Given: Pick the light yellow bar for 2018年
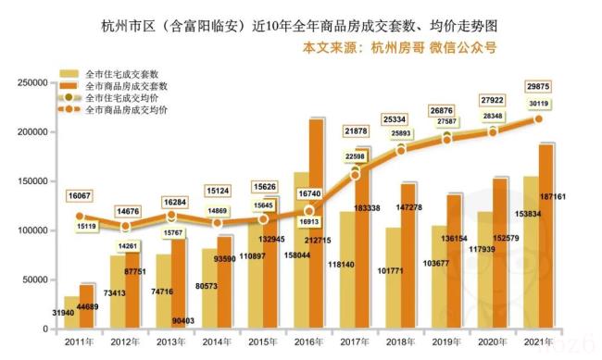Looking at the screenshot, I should (x=393, y=277).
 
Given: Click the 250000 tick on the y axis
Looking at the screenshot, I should (x=31, y=82).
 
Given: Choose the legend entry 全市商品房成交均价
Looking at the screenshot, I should (x=126, y=109).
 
